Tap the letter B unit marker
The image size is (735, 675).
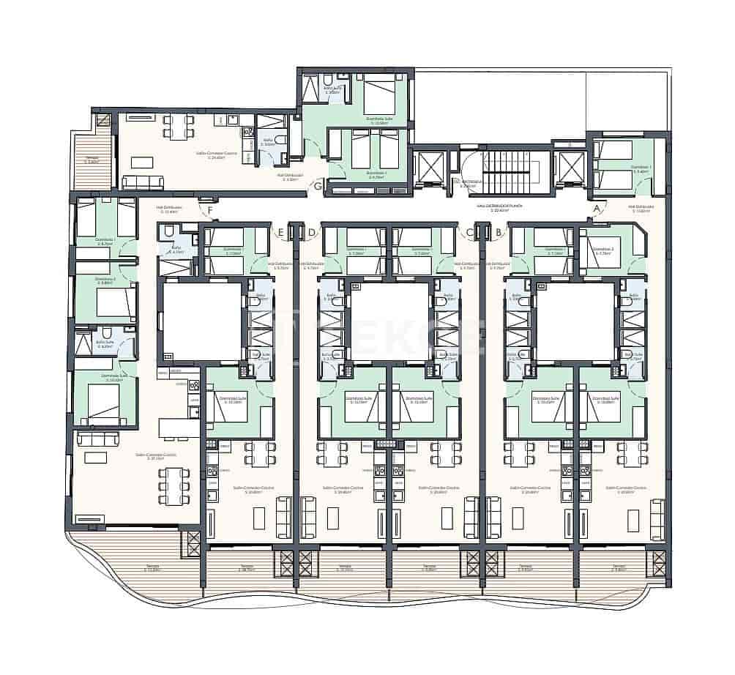(499, 233)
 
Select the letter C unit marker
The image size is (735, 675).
(469, 233)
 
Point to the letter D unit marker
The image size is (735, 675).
(312, 233)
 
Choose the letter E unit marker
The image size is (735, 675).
(281, 233)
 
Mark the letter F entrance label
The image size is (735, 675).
(211, 212)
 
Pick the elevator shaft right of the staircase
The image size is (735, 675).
(571, 168)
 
